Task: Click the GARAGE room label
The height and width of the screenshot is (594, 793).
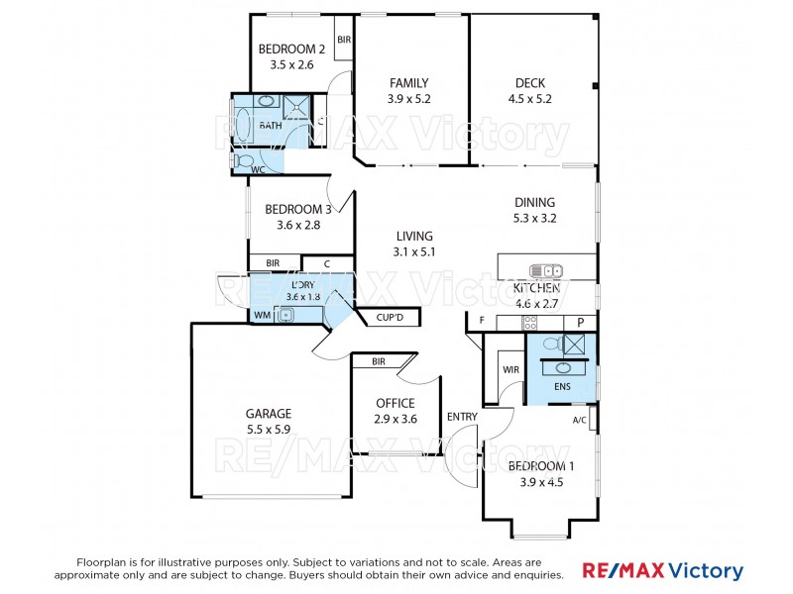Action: coord(268,414)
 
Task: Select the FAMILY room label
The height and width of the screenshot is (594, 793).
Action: coord(408,83)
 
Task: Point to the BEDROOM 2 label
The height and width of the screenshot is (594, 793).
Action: coord(291,49)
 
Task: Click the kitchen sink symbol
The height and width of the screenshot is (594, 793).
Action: coord(546,270)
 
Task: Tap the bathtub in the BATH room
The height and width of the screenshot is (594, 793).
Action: coord(266,102)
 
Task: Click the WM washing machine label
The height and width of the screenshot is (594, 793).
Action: coord(262,316)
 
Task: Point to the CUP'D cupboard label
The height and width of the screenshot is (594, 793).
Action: coord(389,318)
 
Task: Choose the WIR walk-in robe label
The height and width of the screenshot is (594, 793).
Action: coord(511,369)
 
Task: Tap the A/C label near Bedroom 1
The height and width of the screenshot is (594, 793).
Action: coord(580,419)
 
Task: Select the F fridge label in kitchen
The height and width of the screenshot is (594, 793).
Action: coord(482,321)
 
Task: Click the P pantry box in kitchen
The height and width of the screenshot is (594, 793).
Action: coord(580,323)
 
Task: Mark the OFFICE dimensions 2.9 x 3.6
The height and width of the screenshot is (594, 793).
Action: coord(395,419)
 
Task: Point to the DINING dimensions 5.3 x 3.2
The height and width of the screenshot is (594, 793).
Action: coord(534,218)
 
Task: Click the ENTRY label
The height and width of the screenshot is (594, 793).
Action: coord(463,416)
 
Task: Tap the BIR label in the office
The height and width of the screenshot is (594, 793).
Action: coord(379,362)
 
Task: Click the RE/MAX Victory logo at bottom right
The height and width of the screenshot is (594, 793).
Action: coord(661,571)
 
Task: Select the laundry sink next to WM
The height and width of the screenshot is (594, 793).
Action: coord(284,316)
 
